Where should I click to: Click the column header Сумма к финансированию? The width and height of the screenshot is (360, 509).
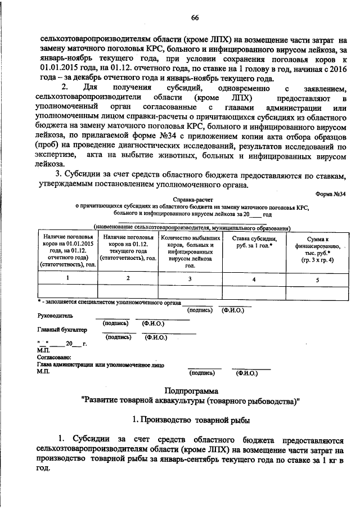[x=317, y=249]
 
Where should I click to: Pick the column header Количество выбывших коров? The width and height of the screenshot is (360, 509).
[x=190, y=251]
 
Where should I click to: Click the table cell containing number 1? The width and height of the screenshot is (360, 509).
[x=68, y=278]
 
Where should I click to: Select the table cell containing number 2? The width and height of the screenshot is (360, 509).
[x=128, y=278]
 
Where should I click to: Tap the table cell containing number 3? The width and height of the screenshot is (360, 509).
[x=190, y=279]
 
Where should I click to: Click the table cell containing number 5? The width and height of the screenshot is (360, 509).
[x=317, y=279]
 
